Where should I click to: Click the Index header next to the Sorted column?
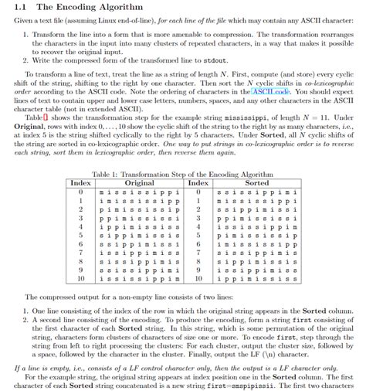[x=198, y=182]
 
